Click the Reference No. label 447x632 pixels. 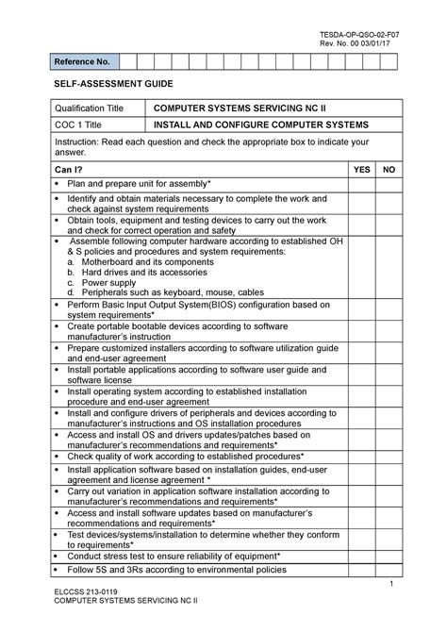click(x=86, y=62)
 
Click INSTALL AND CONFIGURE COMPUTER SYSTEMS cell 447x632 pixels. click(x=261, y=125)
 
